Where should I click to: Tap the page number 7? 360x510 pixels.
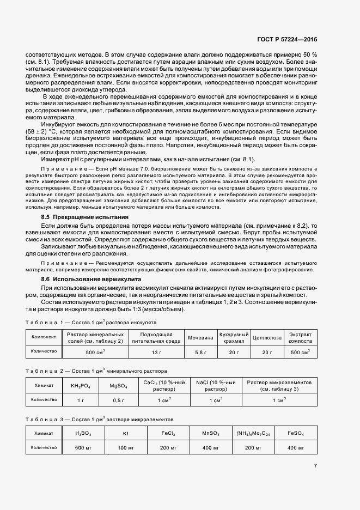pos(315,465)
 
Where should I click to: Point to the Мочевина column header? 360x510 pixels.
pos(200,337)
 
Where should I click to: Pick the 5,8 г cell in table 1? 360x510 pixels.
pos(200,353)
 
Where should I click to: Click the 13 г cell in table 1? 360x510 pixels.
pos(157,353)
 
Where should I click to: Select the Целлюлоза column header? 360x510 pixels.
pos(267,337)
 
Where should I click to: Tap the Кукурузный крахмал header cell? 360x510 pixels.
pos(234,337)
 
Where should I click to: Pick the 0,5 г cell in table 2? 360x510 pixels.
pos(118,400)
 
